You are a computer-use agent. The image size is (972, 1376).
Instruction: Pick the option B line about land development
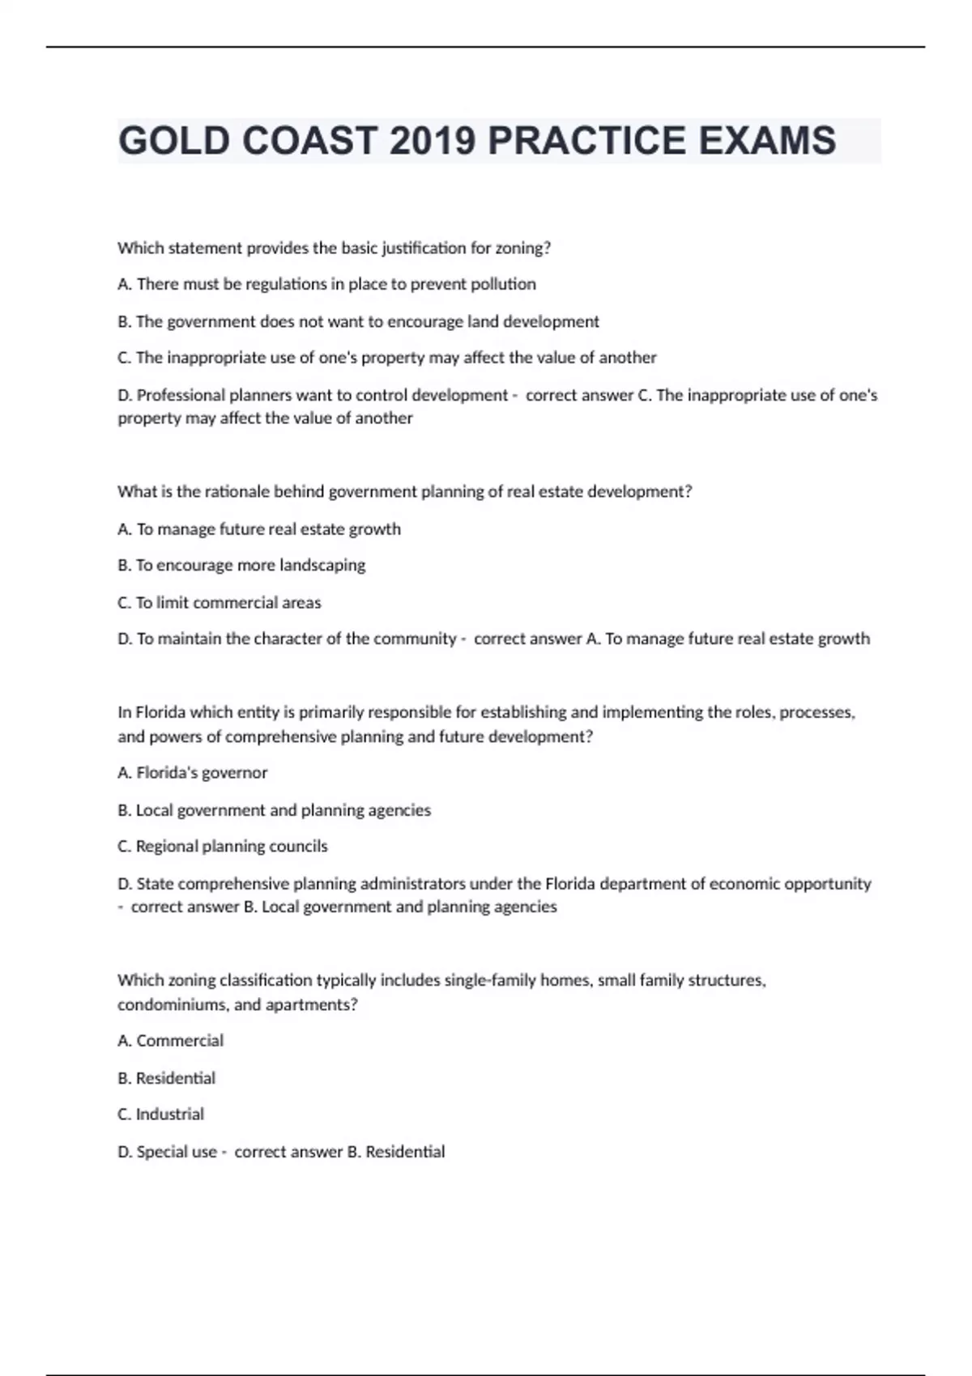tap(358, 321)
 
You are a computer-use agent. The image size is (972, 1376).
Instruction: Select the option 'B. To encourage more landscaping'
tap(241, 565)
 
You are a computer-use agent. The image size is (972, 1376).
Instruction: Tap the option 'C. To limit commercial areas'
tap(220, 602)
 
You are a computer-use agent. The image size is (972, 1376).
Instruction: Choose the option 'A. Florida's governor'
tap(192, 773)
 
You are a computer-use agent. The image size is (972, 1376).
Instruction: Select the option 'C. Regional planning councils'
tap(223, 846)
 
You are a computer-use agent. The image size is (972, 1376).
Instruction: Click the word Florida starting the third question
tap(160, 712)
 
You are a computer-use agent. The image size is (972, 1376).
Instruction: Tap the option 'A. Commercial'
tap(170, 1040)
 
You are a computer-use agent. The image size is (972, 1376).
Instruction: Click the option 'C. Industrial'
tap(160, 1114)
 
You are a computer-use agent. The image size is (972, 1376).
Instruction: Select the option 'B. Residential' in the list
tap(166, 1077)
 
